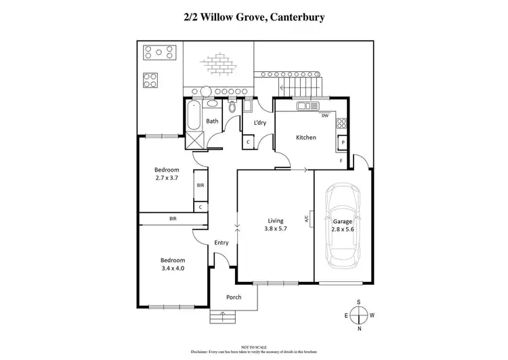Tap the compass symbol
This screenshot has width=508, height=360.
pos(360,315)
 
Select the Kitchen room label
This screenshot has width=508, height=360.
pos(305,138)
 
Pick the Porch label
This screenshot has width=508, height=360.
pos(234,296)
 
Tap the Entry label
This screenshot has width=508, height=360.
pos(221,243)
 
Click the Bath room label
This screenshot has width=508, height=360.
pos(212,121)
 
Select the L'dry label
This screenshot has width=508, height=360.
pos(259,123)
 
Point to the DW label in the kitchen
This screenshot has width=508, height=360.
pos(325,115)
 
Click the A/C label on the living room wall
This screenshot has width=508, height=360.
pos(307,219)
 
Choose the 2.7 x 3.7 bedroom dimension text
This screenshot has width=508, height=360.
pos(166,178)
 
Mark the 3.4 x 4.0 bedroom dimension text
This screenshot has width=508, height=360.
pos(172,268)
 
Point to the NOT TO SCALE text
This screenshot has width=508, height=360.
pos(253,346)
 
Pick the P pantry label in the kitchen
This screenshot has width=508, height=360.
pos(343,143)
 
